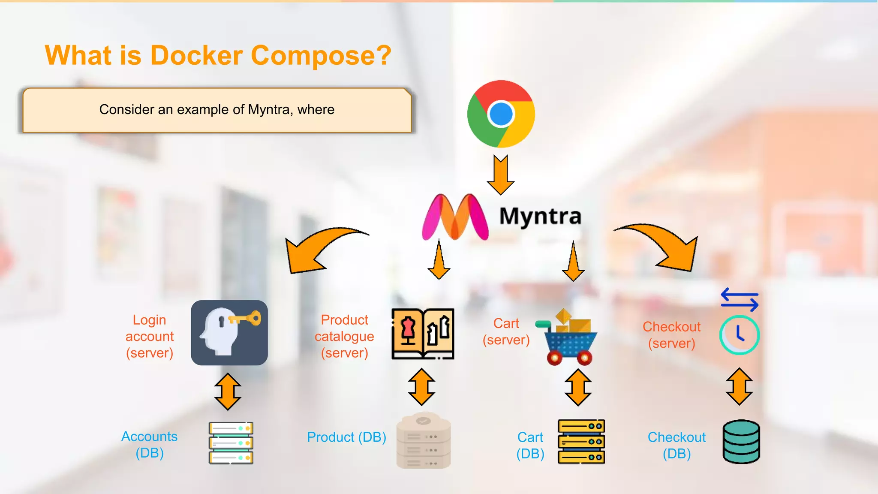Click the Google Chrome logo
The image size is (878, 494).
[501, 114]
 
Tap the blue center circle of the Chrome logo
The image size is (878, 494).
[501, 114]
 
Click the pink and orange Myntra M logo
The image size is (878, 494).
[455, 217]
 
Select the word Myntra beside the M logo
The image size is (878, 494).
[540, 216]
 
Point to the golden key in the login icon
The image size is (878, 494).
[246, 319]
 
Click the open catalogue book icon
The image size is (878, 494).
[423, 334]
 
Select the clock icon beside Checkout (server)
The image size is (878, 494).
[739, 335]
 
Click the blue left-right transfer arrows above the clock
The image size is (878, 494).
[740, 299]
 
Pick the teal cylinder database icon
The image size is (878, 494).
[741, 441]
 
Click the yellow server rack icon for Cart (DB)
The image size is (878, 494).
[581, 441]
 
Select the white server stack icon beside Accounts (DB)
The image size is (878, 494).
[231, 443]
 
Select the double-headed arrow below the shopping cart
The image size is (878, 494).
[578, 387]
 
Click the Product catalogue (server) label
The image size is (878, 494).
[344, 336]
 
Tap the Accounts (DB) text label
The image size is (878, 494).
[149, 444]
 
